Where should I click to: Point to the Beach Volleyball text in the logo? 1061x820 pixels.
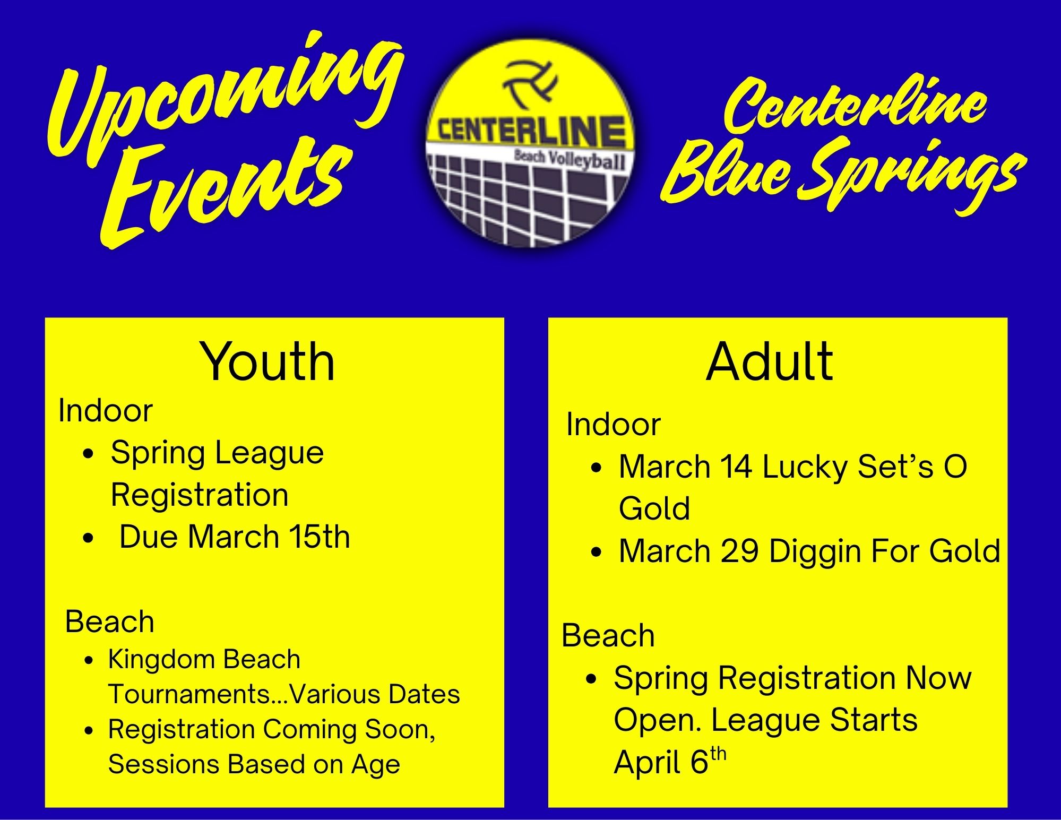pos(570,158)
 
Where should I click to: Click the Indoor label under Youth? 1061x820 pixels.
pos(106,410)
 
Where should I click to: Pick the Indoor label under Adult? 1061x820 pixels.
pos(613,424)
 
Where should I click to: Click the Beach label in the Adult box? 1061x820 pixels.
pos(608,635)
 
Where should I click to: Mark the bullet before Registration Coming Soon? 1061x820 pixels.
pos(89,730)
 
